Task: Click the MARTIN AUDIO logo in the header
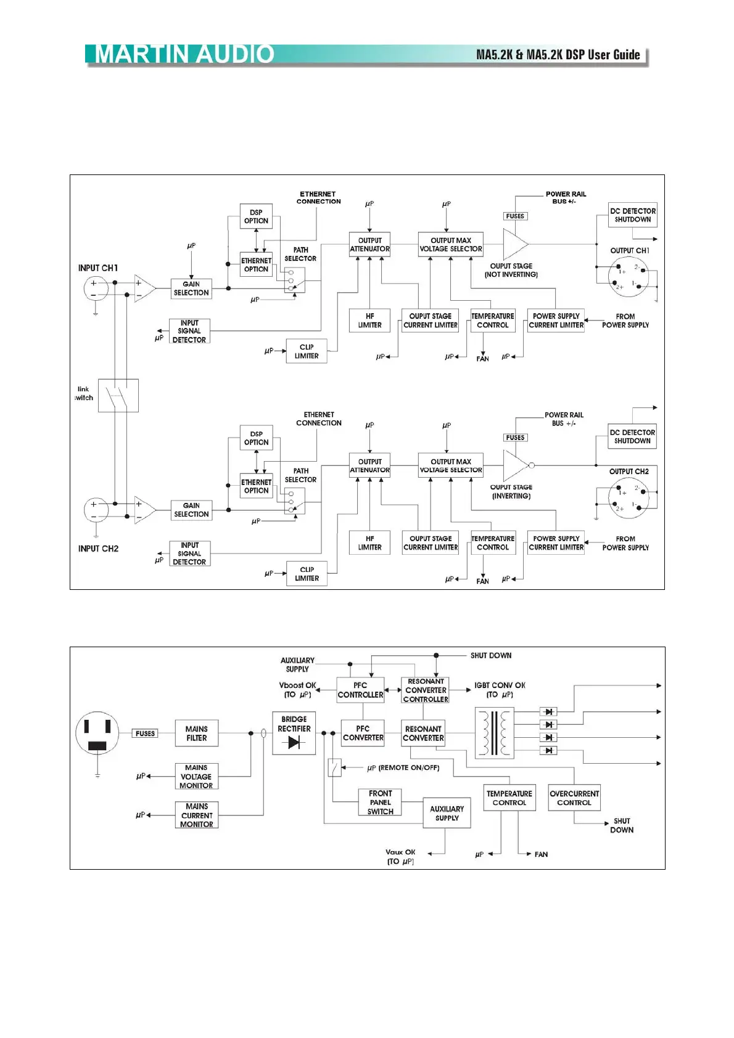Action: click(x=184, y=54)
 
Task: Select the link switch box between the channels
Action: click(x=118, y=395)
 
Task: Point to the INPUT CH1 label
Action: click(x=97, y=268)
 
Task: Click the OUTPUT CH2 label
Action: click(x=629, y=472)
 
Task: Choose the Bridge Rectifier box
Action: click(x=294, y=733)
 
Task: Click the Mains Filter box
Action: click(x=196, y=734)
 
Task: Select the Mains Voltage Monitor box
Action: click(x=196, y=777)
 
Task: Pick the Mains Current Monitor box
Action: click(x=197, y=815)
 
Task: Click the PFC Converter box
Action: click(x=363, y=733)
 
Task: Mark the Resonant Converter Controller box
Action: click(x=426, y=690)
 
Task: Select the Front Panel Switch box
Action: click(x=380, y=803)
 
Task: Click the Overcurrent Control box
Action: click(x=574, y=798)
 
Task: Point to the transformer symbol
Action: click(x=494, y=732)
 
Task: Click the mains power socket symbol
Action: click(x=97, y=733)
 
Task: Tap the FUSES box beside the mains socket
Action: click(x=146, y=734)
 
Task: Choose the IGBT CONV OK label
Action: click(x=500, y=685)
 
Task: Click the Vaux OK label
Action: click(x=400, y=852)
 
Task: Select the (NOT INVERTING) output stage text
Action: click(x=511, y=275)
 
